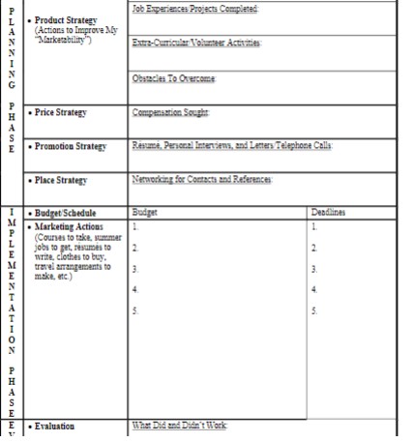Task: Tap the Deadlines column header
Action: [x=330, y=211]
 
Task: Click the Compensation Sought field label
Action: [x=171, y=113]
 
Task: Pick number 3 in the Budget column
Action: [x=135, y=270]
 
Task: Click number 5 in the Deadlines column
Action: [x=314, y=310]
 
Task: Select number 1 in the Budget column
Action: [x=135, y=226]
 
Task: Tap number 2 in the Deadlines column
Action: [x=314, y=249]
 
